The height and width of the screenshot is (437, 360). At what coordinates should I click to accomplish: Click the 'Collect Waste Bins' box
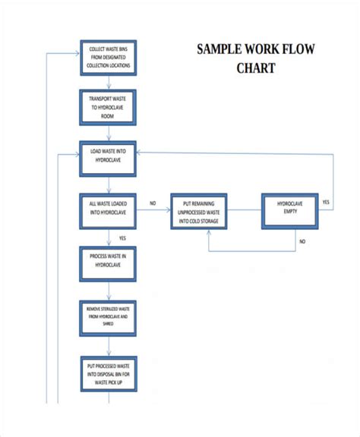109,58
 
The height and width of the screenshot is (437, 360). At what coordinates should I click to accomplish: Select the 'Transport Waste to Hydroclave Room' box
109,107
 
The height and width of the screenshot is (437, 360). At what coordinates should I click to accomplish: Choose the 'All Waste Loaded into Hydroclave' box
109,210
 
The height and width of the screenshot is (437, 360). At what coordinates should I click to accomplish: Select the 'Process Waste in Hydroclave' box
109,263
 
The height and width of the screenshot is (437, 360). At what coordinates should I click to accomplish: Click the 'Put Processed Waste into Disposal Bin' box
109,374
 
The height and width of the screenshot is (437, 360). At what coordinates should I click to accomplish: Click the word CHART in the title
255,69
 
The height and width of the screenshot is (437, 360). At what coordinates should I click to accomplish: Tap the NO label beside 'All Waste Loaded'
153,203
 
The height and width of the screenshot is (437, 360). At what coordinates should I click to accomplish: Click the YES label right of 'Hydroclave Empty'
326,203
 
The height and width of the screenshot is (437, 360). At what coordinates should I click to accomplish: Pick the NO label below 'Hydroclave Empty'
302,241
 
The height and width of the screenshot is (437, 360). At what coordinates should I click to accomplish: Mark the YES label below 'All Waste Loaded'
122,238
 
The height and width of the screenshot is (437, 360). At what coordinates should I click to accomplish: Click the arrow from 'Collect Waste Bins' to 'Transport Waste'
109,83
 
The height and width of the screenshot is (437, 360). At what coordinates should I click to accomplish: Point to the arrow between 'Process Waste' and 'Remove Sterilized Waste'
109,291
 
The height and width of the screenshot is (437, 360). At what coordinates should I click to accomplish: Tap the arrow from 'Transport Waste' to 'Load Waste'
109,133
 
